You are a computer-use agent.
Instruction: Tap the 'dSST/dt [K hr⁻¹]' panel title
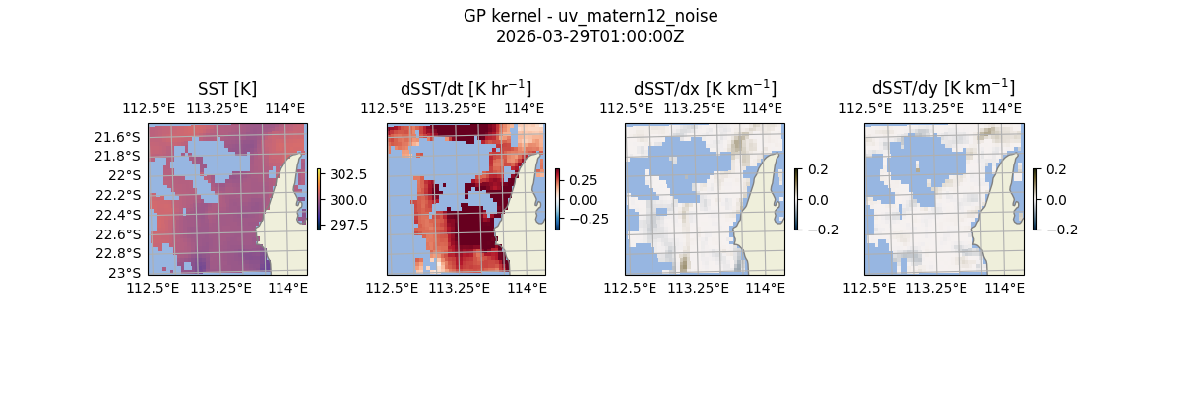pos(466,88)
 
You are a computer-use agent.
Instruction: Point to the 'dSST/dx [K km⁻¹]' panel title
pos(705,88)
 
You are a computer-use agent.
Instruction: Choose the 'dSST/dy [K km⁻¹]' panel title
pos(943,88)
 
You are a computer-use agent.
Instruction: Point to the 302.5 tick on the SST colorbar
pos(349,174)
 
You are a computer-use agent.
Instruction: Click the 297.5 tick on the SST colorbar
pos(349,225)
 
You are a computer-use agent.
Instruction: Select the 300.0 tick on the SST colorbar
pos(349,200)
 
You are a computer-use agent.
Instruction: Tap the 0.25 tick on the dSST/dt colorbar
pos(583,180)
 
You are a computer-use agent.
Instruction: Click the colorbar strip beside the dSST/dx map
pos(797,199)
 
